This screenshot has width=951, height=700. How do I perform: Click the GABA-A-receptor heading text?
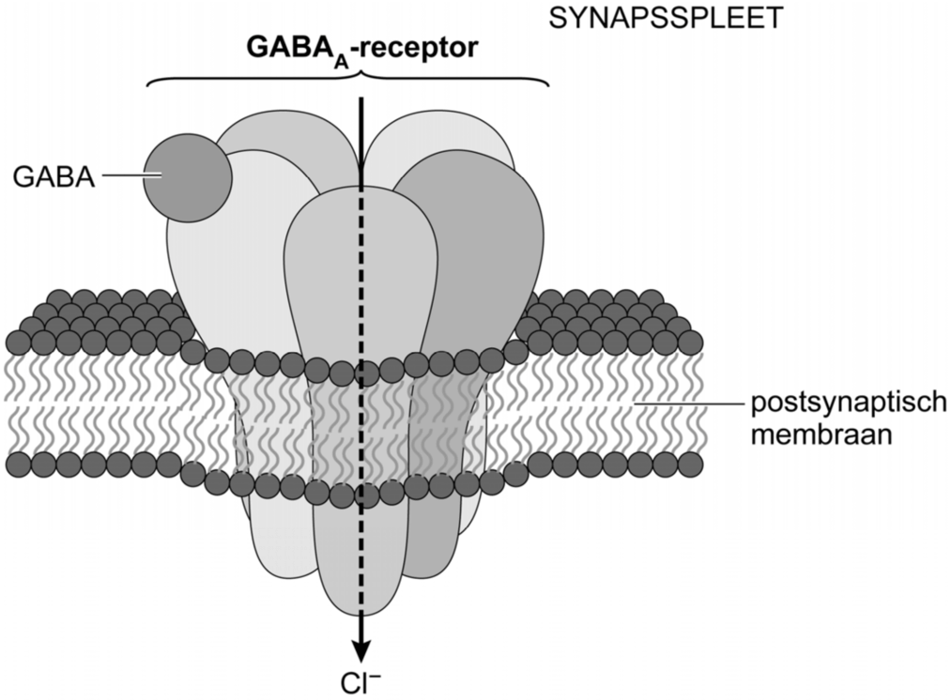[x=360, y=48]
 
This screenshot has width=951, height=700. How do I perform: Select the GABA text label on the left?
[x=54, y=176]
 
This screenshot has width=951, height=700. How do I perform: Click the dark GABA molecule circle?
[x=187, y=177]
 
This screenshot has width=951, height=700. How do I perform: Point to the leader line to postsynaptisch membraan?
[x=685, y=403]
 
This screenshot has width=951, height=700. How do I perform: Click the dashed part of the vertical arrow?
[x=360, y=375]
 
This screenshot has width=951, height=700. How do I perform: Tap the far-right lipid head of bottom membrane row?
[x=691, y=464]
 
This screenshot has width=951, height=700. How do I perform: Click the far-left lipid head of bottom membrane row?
[x=18, y=464]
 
